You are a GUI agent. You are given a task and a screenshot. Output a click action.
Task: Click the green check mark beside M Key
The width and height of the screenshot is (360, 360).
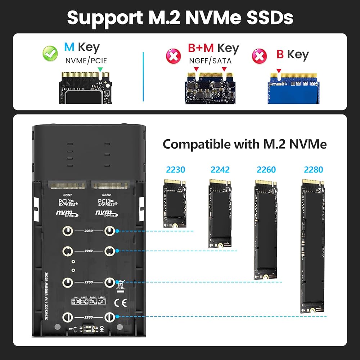[50, 54]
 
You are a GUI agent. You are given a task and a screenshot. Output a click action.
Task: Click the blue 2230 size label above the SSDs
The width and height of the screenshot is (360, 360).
[175, 169]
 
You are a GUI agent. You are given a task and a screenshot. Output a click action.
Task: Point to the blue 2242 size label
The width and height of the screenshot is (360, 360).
[220, 169]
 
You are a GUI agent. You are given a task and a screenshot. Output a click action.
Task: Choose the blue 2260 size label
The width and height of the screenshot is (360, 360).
[266, 169]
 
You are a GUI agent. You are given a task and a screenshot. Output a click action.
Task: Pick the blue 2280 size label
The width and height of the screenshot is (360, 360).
[313, 169]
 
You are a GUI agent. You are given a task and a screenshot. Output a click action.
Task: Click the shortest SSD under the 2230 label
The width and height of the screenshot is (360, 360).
[175, 203]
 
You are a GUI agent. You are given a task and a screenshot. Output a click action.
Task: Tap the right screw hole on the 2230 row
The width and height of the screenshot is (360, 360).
[109, 231]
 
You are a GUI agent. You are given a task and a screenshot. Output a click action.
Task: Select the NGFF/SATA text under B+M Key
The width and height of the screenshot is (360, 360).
[210, 61]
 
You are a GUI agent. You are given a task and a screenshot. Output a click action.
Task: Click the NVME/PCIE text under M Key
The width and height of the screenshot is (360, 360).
[86, 61]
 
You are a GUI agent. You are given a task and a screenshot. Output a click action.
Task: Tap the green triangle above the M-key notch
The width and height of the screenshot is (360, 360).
[100, 69]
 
